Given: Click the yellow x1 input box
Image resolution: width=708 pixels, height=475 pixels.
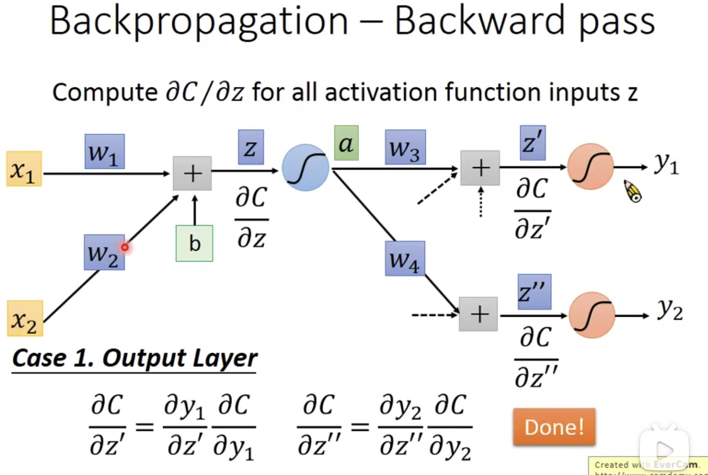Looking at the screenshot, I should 24,169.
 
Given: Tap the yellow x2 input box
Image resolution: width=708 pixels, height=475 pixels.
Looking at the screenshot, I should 25,318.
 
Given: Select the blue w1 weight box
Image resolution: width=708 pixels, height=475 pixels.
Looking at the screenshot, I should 105,152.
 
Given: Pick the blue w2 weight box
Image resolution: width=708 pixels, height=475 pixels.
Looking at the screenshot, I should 104,253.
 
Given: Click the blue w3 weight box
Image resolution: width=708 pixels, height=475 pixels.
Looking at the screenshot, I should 405,147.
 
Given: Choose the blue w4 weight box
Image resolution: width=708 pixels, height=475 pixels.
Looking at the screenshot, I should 405,258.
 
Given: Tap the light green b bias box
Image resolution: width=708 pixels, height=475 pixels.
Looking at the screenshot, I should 194,243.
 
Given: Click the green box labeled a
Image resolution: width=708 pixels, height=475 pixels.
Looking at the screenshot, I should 346,143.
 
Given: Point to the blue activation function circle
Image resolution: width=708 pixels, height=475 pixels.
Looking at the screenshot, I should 305,167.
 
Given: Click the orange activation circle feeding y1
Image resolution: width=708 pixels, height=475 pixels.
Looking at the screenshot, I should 590,167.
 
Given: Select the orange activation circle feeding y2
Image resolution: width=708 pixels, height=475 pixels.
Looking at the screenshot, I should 592,315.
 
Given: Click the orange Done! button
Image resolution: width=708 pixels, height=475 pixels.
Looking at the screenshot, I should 554,427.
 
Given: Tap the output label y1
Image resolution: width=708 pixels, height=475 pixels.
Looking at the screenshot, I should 667,164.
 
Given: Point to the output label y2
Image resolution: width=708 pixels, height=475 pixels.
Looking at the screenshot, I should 670,310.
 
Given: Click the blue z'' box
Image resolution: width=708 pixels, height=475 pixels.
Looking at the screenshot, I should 534,292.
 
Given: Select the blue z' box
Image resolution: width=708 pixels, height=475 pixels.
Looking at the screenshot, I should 533,143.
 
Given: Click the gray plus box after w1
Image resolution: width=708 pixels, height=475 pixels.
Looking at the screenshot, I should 192,173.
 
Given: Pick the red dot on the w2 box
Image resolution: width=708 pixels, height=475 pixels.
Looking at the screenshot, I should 125,247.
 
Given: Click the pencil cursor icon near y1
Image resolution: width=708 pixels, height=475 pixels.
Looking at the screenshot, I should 633,191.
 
